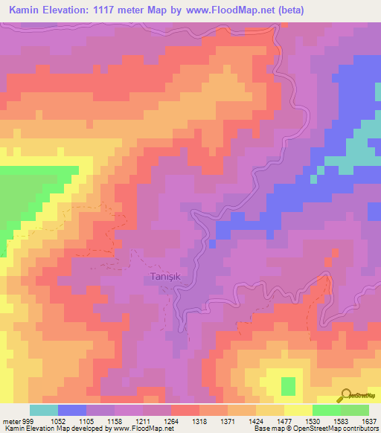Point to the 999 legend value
[28, 420]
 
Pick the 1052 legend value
[57, 420]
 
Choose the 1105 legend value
[87, 420]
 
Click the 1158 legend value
[115, 420]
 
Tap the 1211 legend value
[144, 420]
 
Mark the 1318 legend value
[200, 420]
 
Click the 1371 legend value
[228, 420]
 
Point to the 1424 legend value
[257, 420]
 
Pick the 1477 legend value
[286, 420]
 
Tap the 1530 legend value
[313, 420]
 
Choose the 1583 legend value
[342, 420]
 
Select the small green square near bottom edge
[287, 386]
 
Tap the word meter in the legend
[10, 420]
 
